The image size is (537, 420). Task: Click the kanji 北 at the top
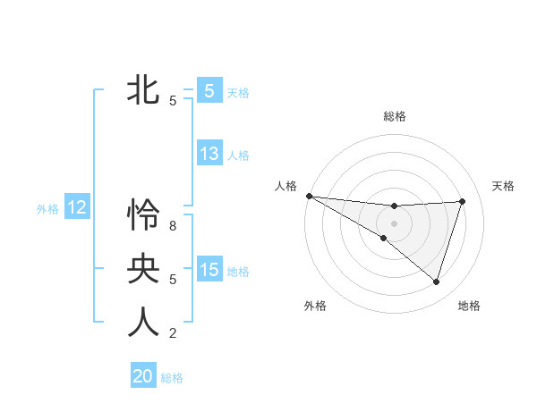click(x=143, y=89)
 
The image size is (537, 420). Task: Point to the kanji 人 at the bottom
click(x=143, y=323)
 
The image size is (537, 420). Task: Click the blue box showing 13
click(x=209, y=154)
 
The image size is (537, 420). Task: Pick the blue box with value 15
click(x=209, y=270)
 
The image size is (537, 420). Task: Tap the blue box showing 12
click(x=77, y=208)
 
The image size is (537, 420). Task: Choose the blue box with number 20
click(x=143, y=376)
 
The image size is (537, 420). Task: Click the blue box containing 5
click(x=209, y=90)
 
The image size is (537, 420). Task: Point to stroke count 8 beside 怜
click(x=173, y=226)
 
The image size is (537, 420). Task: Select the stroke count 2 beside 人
click(x=173, y=334)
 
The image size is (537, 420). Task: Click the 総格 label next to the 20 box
click(x=172, y=378)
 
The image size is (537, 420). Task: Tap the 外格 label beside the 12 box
click(x=47, y=209)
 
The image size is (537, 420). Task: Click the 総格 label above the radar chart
click(x=395, y=116)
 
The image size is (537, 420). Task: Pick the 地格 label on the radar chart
click(x=469, y=306)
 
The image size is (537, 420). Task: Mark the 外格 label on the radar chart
click(x=315, y=306)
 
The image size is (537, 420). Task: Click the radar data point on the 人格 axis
click(x=309, y=195)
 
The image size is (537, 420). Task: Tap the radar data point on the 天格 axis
click(x=463, y=201)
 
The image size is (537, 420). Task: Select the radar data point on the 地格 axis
click(x=436, y=281)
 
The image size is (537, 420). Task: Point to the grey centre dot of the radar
click(x=394, y=223)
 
